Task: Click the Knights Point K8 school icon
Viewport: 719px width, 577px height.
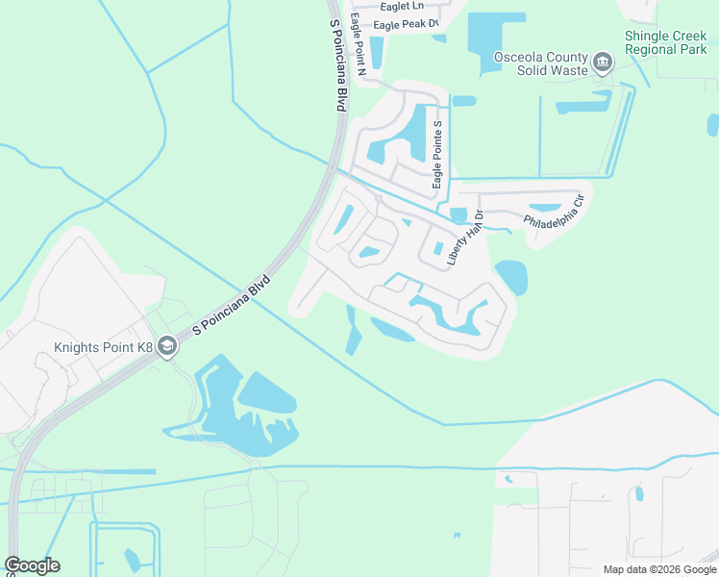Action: click(x=167, y=346)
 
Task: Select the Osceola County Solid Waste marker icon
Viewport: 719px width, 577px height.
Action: click(x=603, y=64)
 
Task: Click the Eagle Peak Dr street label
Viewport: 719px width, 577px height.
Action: click(x=405, y=23)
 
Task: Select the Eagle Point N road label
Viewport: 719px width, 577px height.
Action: click(x=359, y=43)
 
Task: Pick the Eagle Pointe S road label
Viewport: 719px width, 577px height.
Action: click(x=437, y=155)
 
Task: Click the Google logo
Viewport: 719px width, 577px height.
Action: click(x=32, y=565)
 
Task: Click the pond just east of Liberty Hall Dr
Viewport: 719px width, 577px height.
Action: click(x=511, y=278)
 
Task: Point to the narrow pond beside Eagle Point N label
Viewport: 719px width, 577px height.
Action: click(x=377, y=53)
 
